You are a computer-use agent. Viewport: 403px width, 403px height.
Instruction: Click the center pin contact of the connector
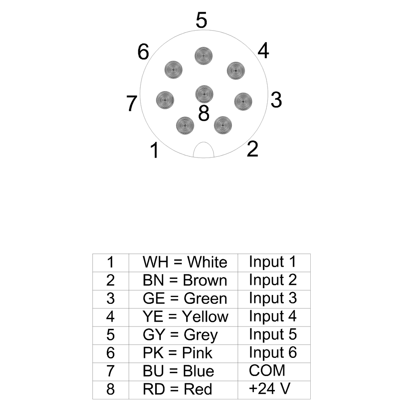pyautogui.click(x=204, y=94)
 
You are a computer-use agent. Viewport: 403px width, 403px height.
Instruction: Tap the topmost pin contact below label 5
pyautogui.click(x=204, y=56)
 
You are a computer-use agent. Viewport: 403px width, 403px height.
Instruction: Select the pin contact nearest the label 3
pyautogui.click(x=243, y=101)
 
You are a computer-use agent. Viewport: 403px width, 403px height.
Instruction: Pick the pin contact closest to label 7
pyautogui.click(x=165, y=99)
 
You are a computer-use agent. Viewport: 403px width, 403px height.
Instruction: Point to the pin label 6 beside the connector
pyautogui.click(x=143, y=52)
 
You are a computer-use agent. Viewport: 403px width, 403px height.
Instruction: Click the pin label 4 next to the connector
pyautogui.click(x=263, y=51)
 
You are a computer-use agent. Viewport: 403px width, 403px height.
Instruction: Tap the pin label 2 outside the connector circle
pyautogui.click(x=252, y=150)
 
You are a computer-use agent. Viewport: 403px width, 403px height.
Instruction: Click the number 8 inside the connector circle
pyautogui.click(x=204, y=113)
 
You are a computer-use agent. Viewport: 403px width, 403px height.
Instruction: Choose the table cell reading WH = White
pyautogui.click(x=185, y=262)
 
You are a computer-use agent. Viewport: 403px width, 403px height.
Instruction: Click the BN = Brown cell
pyautogui.click(x=185, y=280)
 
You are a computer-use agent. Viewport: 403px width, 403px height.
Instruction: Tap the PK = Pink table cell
pyautogui.click(x=177, y=353)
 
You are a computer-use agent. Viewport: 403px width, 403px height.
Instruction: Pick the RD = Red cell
pyautogui.click(x=177, y=389)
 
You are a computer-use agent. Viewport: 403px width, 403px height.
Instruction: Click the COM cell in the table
pyautogui.click(x=267, y=370)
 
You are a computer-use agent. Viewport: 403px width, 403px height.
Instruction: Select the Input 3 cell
pyautogui.click(x=273, y=298)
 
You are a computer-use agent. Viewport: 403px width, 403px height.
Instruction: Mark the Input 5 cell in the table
pyautogui.click(x=273, y=334)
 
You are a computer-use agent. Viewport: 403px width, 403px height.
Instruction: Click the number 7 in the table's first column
pyautogui.click(x=110, y=371)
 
